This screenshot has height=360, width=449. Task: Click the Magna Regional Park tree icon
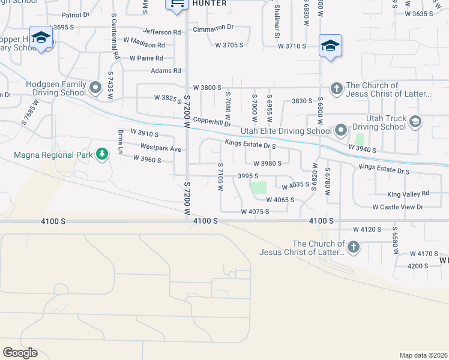103,155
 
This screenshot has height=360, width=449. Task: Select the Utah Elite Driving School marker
341,130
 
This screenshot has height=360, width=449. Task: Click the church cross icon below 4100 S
354,247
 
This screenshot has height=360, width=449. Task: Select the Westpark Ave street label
161,148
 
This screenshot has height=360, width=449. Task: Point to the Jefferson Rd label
161,32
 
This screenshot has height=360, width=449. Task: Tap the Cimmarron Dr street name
213,28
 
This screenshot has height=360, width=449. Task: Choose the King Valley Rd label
408,194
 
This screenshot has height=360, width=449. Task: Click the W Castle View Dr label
398,207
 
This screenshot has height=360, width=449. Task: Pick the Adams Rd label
166,71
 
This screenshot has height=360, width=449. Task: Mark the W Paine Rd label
146,58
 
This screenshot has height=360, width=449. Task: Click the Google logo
20,353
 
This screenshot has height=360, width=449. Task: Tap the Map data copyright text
423,355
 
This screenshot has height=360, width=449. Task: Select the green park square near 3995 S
259,188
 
